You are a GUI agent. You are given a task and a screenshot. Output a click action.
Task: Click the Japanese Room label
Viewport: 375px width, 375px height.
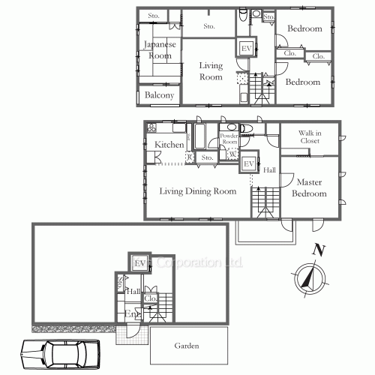click(x=160, y=50)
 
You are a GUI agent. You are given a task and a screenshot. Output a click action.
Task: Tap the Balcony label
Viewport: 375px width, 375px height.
click(x=159, y=96)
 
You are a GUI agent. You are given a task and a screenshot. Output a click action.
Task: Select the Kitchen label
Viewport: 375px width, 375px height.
click(x=169, y=144)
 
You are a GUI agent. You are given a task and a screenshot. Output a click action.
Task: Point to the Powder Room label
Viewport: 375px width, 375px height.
click(x=229, y=139)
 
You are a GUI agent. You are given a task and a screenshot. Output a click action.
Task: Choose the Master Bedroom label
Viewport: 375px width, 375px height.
click(x=310, y=188)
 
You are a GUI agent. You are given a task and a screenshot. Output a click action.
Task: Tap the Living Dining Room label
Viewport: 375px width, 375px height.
click(x=198, y=191)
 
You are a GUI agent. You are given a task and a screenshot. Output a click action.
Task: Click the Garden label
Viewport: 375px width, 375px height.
click(x=187, y=346)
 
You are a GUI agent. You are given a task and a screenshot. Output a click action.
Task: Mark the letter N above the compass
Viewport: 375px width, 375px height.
click(x=318, y=250)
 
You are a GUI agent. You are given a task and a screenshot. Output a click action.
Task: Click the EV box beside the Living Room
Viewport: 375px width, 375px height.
click(x=245, y=48)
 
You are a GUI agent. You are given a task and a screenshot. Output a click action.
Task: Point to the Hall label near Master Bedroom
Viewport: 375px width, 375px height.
click(x=269, y=171)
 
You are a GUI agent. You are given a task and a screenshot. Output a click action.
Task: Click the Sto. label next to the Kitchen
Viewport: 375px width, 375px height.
click(x=207, y=157)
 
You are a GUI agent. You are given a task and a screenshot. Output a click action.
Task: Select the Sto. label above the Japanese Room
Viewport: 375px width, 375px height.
click(x=154, y=16)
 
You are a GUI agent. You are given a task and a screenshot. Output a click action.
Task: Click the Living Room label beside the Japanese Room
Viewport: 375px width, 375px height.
click(x=211, y=71)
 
